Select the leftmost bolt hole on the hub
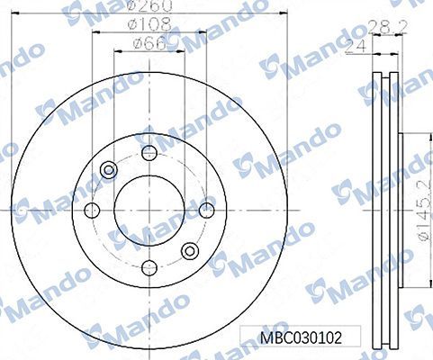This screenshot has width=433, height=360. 91,211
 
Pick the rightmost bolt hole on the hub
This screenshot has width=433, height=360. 206,210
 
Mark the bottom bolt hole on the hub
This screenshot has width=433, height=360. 149,268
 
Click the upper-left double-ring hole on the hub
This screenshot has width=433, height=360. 109,169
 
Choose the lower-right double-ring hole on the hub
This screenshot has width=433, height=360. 189,251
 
